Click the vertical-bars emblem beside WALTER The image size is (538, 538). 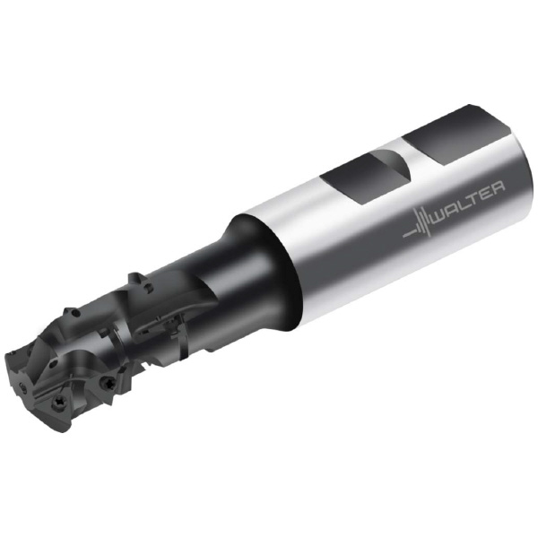click(419, 225)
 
